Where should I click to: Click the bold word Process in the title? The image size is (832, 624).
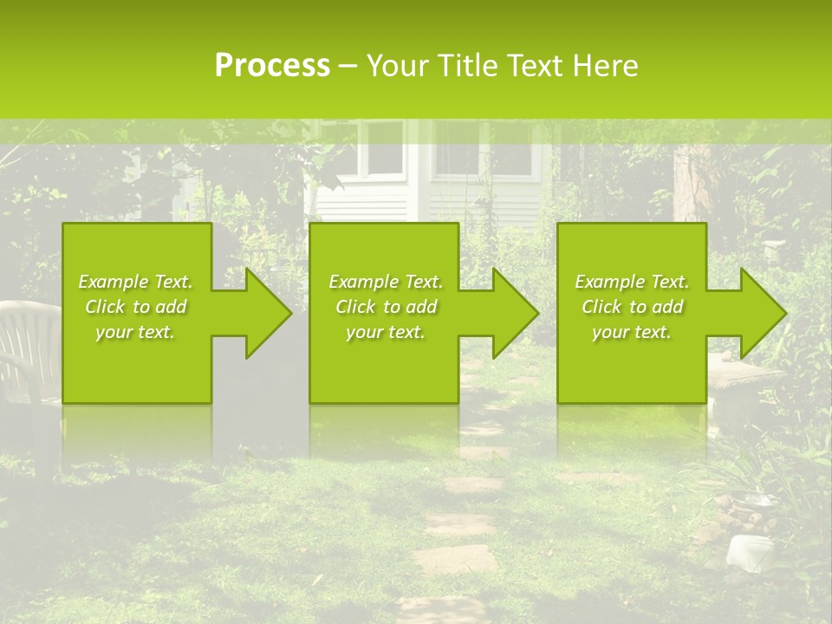pos(272,65)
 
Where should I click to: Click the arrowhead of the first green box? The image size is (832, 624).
pos(265,313)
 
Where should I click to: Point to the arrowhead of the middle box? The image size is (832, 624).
pos(512,313)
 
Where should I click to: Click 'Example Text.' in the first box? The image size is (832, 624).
pos(135,282)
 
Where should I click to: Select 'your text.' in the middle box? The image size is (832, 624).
pos(385,332)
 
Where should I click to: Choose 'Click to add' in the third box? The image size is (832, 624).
pos(632,307)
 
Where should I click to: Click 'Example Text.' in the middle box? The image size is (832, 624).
pos(385,282)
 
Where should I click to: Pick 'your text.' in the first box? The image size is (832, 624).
pos(135,332)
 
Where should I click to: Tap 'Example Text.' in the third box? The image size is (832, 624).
pos(632,282)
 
